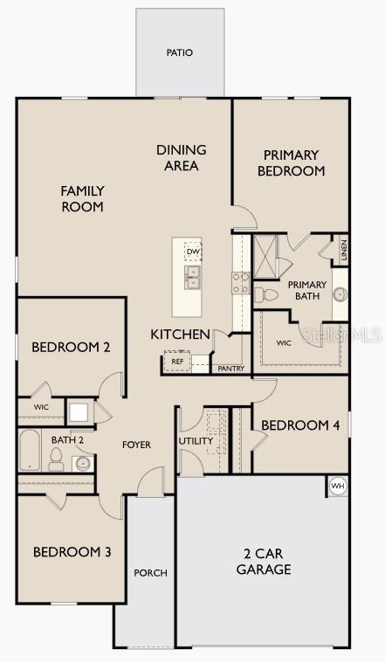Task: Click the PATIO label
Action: (179, 52)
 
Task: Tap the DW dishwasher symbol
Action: (193, 252)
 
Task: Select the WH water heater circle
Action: (338, 486)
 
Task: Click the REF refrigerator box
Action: (177, 361)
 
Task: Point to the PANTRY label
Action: (230, 369)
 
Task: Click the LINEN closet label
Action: (344, 250)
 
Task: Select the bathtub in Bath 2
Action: (28, 450)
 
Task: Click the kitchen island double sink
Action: (192, 278)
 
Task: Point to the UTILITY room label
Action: (196, 441)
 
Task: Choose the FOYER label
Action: (136, 445)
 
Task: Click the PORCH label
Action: (150, 573)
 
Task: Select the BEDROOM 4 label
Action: (300, 425)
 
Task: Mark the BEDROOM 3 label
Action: (72, 552)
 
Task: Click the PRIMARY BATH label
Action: (307, 290)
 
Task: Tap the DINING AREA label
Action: (182, 157)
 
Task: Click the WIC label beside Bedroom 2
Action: (41, 408)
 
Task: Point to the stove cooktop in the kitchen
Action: (240, 284)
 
